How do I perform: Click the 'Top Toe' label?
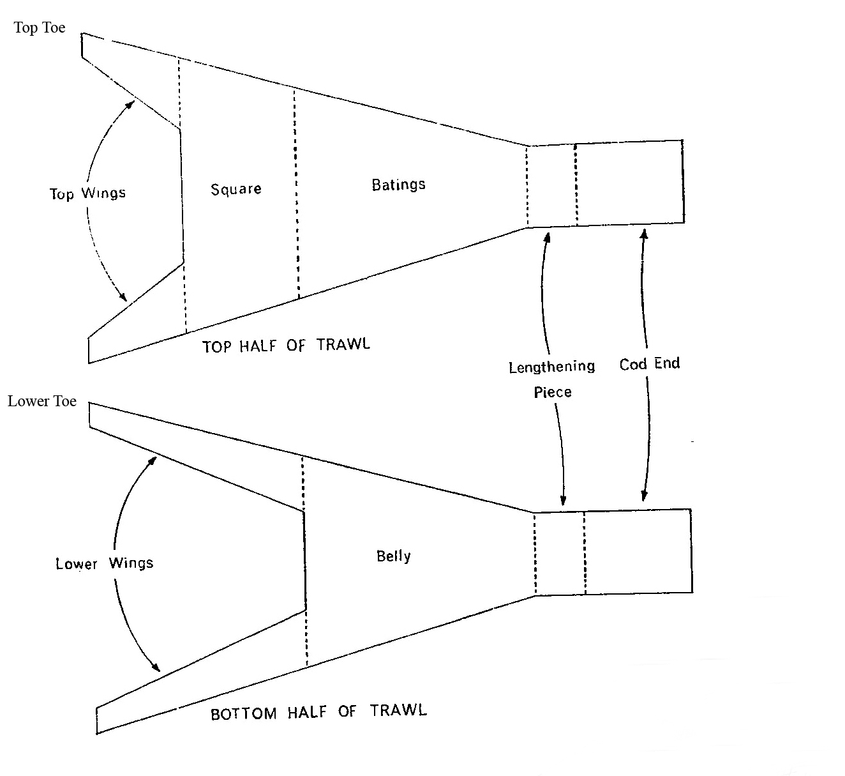tap(40, 27)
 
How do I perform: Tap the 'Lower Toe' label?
tap(42, 401)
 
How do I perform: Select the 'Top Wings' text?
tap(87, 193)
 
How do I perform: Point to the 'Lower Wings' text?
tap(105, 563)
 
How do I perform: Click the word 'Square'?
tap(236, 189)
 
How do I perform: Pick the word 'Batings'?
tap(398, 185)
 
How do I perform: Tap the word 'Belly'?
tap(393, 556)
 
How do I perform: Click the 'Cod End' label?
tap(649, 364)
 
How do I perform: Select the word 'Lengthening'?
tap(551, 367)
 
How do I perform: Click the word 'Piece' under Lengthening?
tap(553, 392)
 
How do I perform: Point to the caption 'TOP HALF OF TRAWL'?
tap(286, 345)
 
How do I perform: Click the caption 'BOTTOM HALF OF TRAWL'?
tap(318, 711)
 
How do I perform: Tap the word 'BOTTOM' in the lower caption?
tap(243, 713)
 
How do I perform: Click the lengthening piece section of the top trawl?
tap(551, 185)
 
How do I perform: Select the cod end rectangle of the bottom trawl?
tap(638, 551)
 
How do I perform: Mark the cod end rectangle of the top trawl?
tap(629, 182)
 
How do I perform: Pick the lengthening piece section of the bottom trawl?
tap(560, 553)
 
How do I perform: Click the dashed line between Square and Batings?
tap(296, 192)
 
